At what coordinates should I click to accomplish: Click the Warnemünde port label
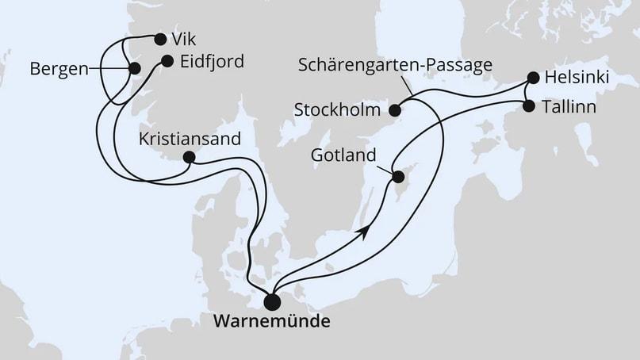(x=271, y=324)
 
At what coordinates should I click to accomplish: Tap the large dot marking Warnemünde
(x=272, y=301)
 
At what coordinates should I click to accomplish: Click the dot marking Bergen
(x=133, y=69)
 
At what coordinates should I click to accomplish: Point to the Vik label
(x=181, y=39)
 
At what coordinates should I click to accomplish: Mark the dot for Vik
(x=160, y=39)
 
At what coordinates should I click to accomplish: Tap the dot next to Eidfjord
(x=167, y=60)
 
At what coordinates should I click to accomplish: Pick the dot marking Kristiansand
(x=189, y=157)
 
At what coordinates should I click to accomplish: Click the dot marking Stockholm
(x=394, y=109)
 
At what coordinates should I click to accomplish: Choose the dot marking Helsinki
(x=533, y=79)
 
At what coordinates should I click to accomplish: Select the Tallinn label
(x=569, y=105)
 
